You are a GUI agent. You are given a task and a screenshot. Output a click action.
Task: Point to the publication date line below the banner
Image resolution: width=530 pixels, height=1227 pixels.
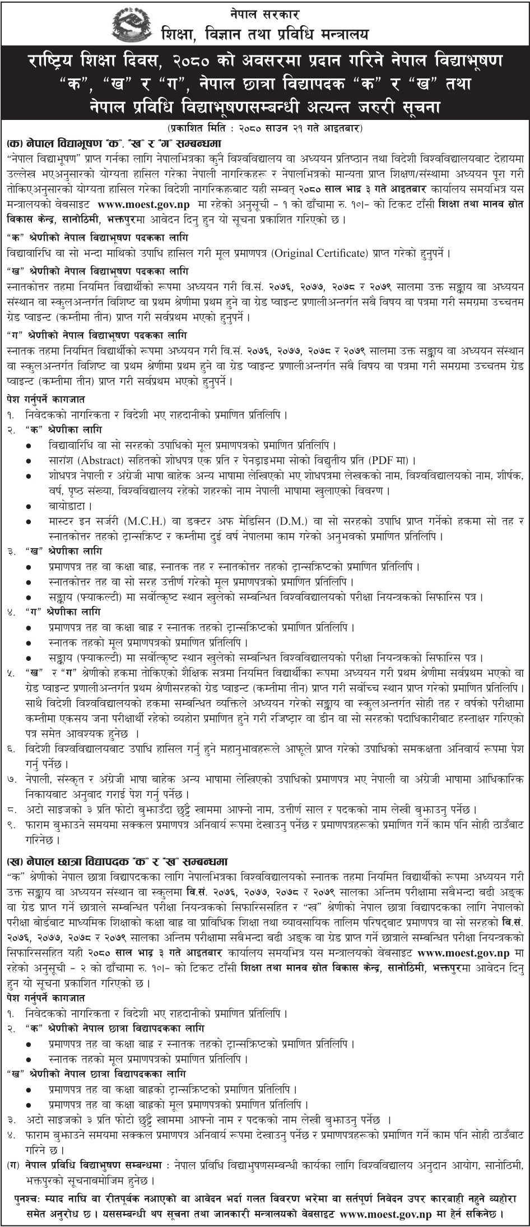point(266,128)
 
